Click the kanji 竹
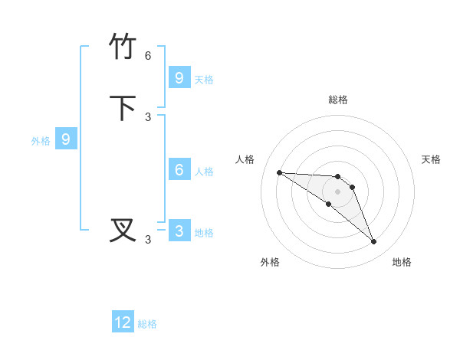click(123, 47)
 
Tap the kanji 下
click(123, 108)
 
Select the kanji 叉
click(123, 231)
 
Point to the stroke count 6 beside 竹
click(148, 56)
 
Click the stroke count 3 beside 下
click(148, 117)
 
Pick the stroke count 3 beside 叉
click(148, 240)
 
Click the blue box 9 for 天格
click(179, 78)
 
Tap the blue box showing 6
click(179, 170)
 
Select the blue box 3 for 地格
click(179, 231)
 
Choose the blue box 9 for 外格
click(66, 139)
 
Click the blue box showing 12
click(123, 322)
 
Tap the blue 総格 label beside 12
click(147, 324)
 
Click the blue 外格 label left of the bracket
click(41, 141)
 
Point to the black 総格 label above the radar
click(337, 100)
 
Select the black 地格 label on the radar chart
click(402, 262)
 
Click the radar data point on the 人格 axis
click(279, 172)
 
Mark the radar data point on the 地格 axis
click(374, 242)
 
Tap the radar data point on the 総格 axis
click(337, 177)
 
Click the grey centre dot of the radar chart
click(337, 191)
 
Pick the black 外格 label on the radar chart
click(270, 262)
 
